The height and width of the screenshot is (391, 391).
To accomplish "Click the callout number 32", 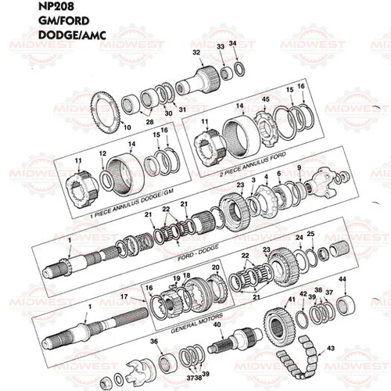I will click(x=195, y=52).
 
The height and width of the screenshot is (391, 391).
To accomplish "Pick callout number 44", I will click(x=342, y=280).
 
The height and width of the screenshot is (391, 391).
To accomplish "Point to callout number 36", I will click(x=153, y=342).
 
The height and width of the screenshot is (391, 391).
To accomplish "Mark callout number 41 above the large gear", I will click(x=291, y=300).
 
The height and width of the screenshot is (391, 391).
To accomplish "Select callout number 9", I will click(x=298, y=168).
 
